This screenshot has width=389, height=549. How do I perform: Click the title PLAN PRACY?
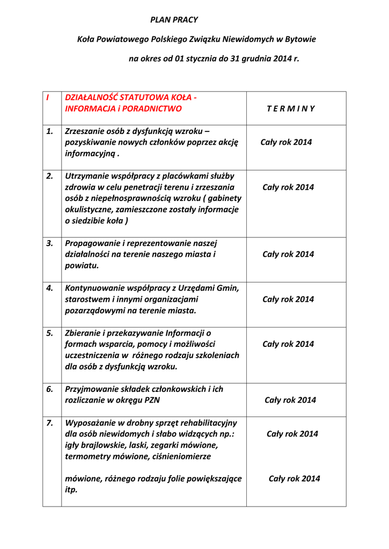pyautogui.click(x=174, y=20)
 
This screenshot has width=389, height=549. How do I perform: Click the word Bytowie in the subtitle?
pyautogui.click(x=300, y=39)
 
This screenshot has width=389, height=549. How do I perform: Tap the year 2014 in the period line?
pyautogui.click(x=281, y=58)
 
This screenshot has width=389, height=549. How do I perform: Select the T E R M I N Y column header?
pyautogui.click(x=290, y=109)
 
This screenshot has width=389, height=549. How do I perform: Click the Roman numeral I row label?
pyautogui.click(x=47, y=98)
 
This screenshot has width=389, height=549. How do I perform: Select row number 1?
pyautogui.click(x=49, y=131)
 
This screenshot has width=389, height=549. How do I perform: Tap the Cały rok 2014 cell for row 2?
pyautogui.click(x=288, y=187)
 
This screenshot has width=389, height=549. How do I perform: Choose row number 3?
pyautogui.click(x=49, y=243)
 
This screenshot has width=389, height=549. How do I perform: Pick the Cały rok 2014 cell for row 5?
pyautogui.click(x=288, y=344)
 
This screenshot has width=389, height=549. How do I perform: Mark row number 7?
pyautogui.click(x=49, y=422)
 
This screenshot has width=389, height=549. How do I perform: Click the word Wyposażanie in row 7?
pyautogui.click(x=89, y=422)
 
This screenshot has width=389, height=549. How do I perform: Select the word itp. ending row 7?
pyautogui.click(x=71, y=490)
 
